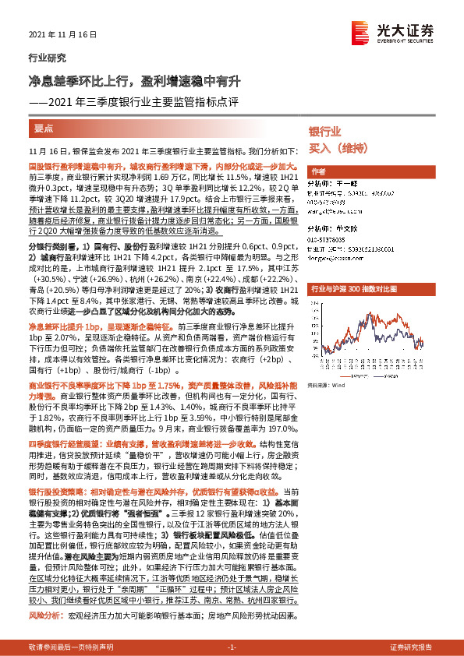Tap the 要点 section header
pyautogui.click(x=45, y=127)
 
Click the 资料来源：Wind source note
pyautogui.click(x=327, y=363)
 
